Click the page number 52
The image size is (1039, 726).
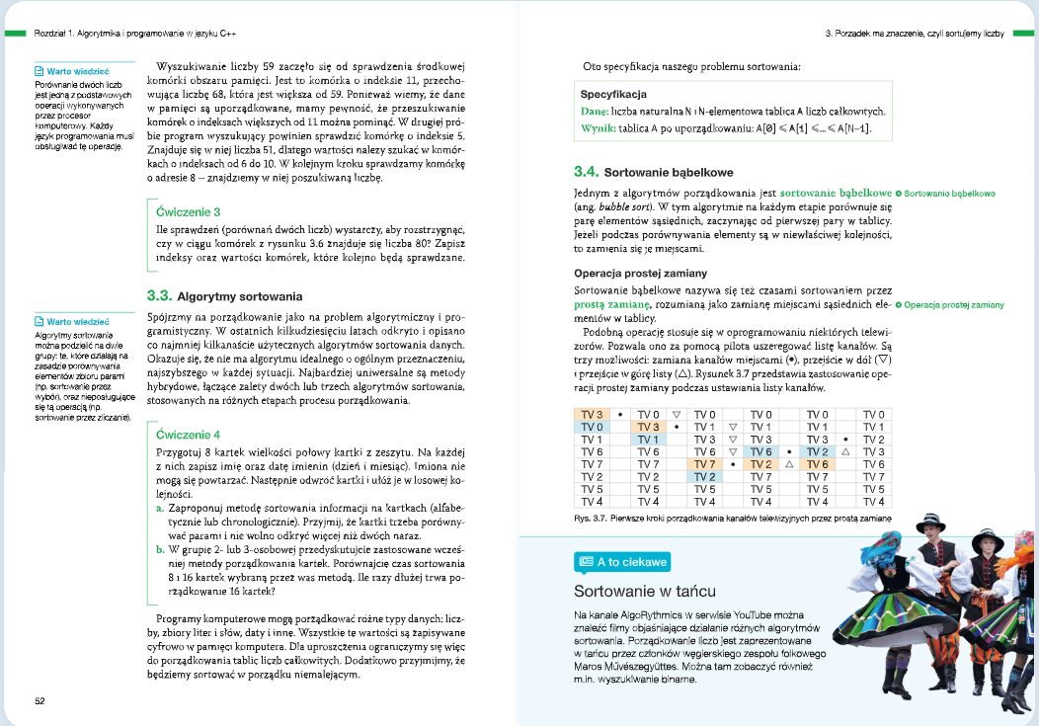click(40, 701)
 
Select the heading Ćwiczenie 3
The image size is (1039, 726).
click(188, 211)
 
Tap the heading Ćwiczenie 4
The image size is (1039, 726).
click(188, 434)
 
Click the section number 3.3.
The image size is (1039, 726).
click(159, 295)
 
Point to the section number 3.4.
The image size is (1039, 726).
click(587, 171)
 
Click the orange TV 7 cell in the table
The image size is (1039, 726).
click(705, 464)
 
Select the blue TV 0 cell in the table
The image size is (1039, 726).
click(592, 427)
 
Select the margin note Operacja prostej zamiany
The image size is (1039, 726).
click(954, 305)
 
